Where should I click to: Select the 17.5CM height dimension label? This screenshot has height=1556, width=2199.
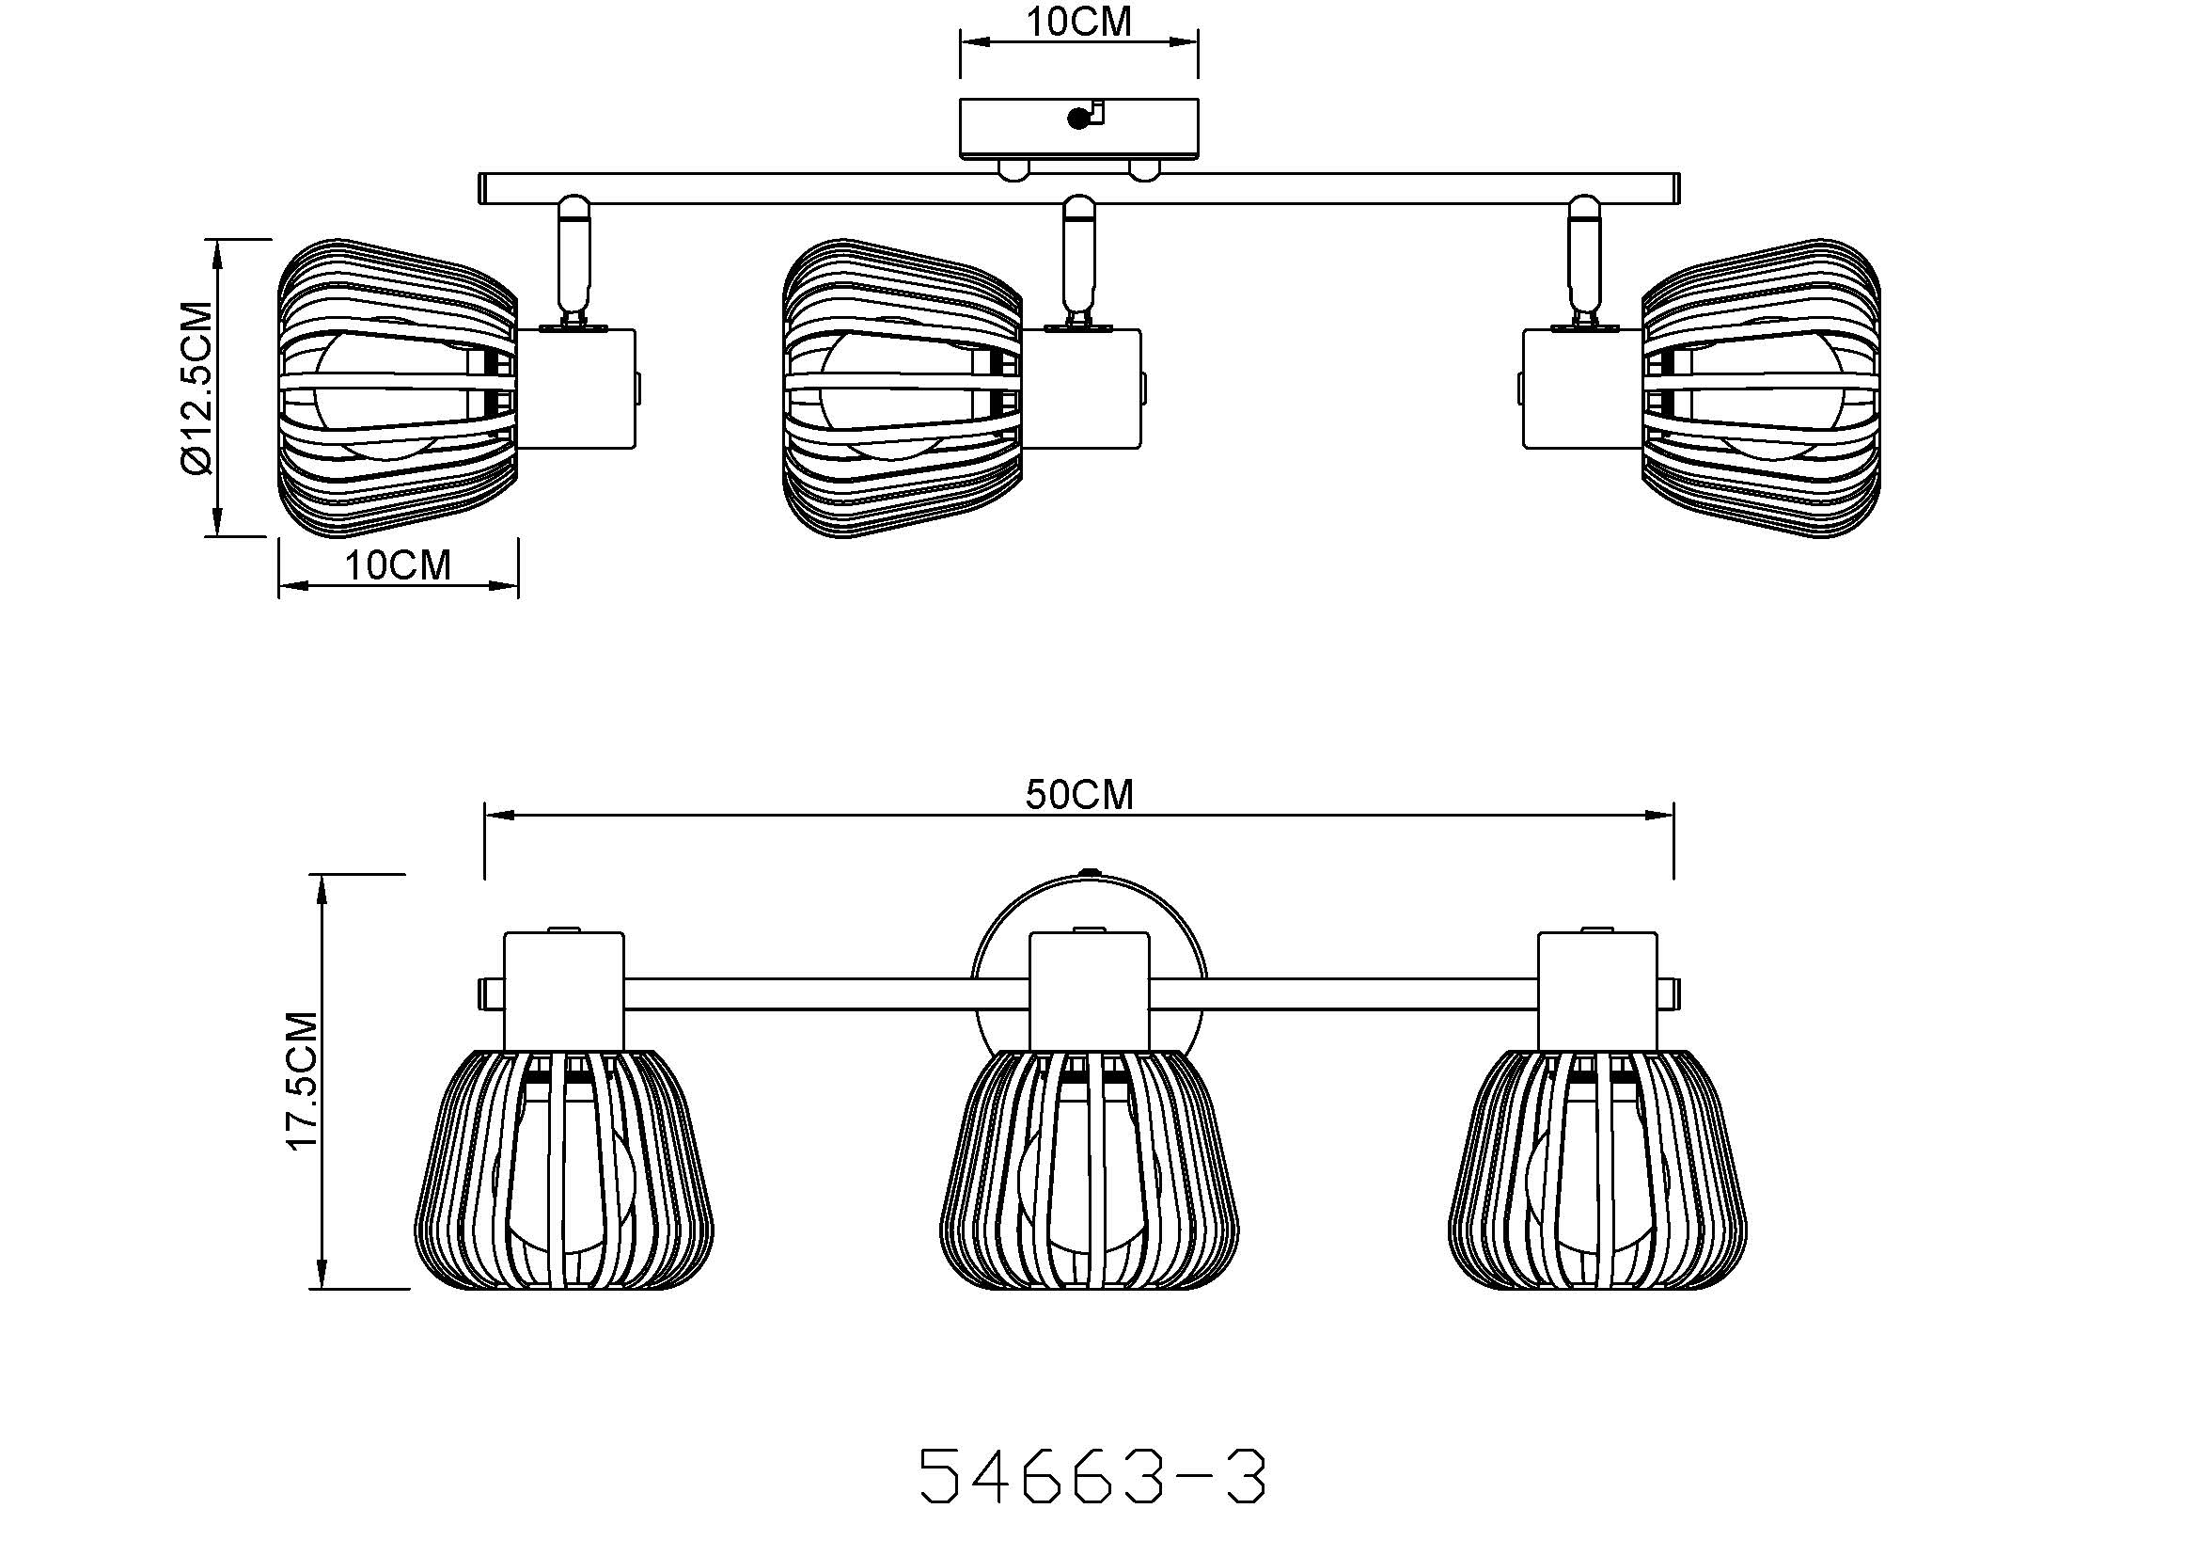coord(304,1081)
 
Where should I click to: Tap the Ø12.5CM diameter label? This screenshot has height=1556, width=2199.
coord(196,388)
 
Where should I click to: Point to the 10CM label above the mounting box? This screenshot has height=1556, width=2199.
coord(1079,21)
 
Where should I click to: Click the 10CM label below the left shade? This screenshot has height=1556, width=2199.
coord(398,565)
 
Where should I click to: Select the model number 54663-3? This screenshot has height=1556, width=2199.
coord(1092,1476)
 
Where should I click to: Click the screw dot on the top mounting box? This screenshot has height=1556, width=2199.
coord(1078,118)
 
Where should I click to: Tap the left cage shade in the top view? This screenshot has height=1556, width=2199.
coord(398,388)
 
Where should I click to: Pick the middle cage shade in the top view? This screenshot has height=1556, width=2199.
coord(903,388)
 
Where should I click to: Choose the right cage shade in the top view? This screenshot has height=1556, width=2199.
coord(1761,388)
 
